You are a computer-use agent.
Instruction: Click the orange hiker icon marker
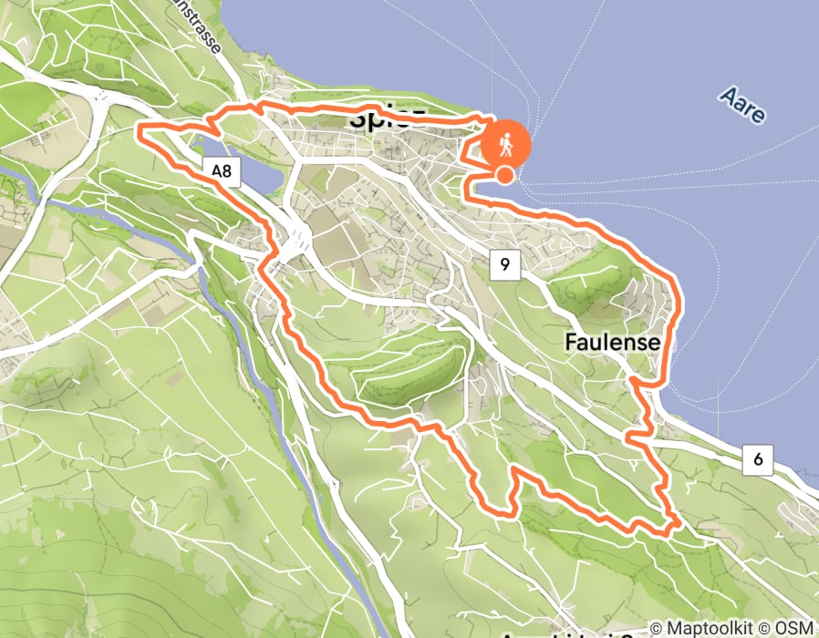[504, 144]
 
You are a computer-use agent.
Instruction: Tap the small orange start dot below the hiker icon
[504, 175]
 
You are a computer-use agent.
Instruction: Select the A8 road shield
[222, 170]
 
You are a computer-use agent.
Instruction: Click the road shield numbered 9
[504, 265]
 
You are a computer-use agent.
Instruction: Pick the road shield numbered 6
[758, 460]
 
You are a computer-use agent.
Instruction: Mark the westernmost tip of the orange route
[139, 132]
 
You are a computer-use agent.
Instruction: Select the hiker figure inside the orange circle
[504, 144]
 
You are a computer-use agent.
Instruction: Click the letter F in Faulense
[571, 343]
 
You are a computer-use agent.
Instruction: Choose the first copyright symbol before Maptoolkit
[658, 629]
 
